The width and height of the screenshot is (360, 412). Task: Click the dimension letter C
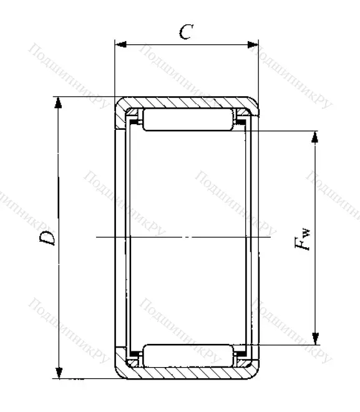point(185,32)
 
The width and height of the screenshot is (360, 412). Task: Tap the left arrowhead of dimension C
point(119,44)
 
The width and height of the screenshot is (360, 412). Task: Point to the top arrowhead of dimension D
point(59,102)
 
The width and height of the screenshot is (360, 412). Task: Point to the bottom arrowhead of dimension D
point(59,373)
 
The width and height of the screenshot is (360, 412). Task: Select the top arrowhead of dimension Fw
point(315,136)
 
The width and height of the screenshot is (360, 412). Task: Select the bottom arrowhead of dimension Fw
point(315,338)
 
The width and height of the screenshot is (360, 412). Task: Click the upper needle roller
point(188,119)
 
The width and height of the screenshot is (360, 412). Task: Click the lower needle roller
point(188,355)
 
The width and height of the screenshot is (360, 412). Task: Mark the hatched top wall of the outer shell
point(187,102)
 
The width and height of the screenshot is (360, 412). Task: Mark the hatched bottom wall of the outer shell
point(187,373)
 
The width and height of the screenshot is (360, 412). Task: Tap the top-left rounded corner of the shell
point(119,102)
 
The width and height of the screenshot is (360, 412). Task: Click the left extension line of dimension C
point(114,69)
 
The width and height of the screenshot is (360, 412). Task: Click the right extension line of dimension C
point(258,69)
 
